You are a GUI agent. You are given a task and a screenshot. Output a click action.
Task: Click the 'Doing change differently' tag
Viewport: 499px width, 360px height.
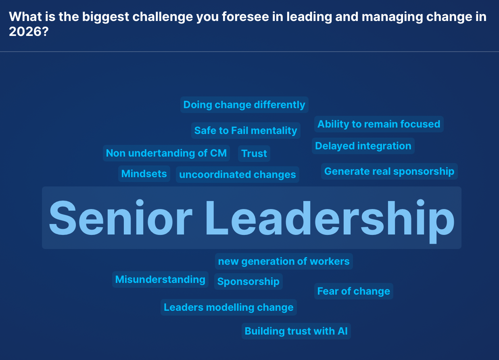pos(244,105)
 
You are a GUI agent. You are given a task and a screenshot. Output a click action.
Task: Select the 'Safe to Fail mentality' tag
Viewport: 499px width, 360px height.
pos(246,131)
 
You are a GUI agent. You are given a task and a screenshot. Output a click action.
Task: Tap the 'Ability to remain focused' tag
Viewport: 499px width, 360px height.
pos(379,124)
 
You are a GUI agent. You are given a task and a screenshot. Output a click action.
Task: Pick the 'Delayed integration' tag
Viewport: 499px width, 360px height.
pos(363,146)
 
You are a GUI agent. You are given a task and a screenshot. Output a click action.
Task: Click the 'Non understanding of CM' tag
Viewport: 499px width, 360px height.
pos(166,153)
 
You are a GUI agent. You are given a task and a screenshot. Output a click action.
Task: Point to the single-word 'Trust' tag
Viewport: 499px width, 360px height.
pos(254,154)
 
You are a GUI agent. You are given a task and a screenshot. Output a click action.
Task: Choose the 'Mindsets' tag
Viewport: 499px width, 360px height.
pos(144,174)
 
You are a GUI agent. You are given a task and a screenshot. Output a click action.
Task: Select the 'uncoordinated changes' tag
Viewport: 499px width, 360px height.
pos(238,175)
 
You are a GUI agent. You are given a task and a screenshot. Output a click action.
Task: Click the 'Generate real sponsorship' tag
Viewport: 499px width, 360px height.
pos(389,172)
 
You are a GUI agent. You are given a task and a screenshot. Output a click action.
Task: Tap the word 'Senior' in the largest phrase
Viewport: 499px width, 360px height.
pos(120,218)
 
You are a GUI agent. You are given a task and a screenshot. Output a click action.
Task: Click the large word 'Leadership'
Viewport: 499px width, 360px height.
pos(330,218)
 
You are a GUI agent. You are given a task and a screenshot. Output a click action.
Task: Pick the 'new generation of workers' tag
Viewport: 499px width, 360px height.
pos(284,262)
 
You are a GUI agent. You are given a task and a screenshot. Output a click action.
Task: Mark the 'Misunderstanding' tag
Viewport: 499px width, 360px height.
pos(160,280)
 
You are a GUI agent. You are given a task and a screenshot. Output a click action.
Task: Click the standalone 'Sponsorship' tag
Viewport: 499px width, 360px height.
pos(248,282)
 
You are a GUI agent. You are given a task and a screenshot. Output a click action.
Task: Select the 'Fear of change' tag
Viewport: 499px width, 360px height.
pos(353,291)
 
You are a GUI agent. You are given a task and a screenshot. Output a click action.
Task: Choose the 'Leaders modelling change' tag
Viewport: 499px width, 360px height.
pos(229,308)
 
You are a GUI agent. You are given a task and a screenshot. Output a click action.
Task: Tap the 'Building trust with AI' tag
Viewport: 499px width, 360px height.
pos(296,331)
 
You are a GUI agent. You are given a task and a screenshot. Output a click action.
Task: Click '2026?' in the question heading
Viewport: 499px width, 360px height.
pos(29,32)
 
